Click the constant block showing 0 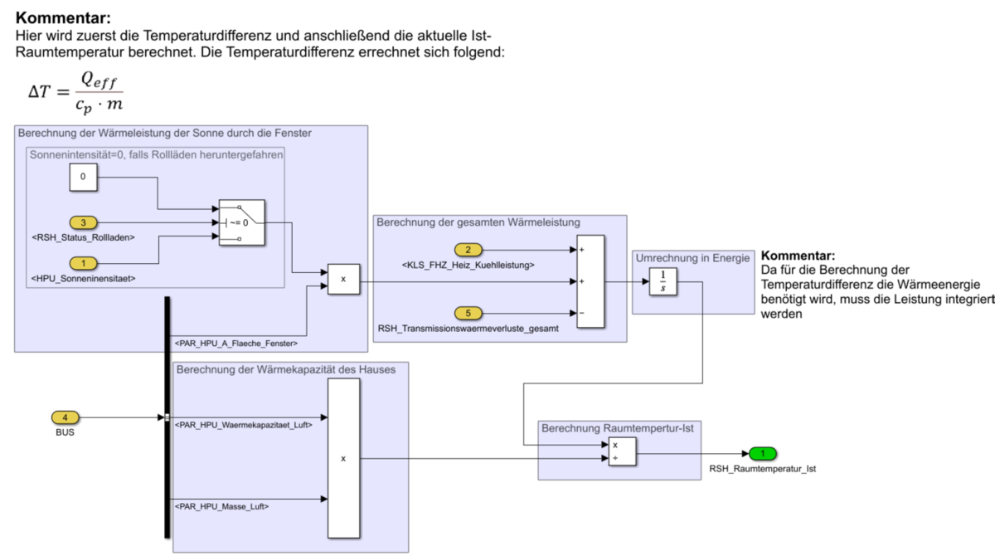point(82,177)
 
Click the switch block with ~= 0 point(241,222)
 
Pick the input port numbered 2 point(468,250)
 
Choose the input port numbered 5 point(468,313)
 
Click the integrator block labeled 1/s point(663,281)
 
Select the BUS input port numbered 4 point(66,417)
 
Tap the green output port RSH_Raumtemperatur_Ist point(762,454)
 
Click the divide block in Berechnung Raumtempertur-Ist point(622,451)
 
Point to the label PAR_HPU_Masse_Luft point(221,506)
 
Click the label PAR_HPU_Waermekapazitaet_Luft point(243,425)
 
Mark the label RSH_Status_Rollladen point(83,237)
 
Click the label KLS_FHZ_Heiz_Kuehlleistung point(468,266)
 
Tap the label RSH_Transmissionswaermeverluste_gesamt point(468,329)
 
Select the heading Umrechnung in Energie point(692,258)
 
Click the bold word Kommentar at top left point(63,17)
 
